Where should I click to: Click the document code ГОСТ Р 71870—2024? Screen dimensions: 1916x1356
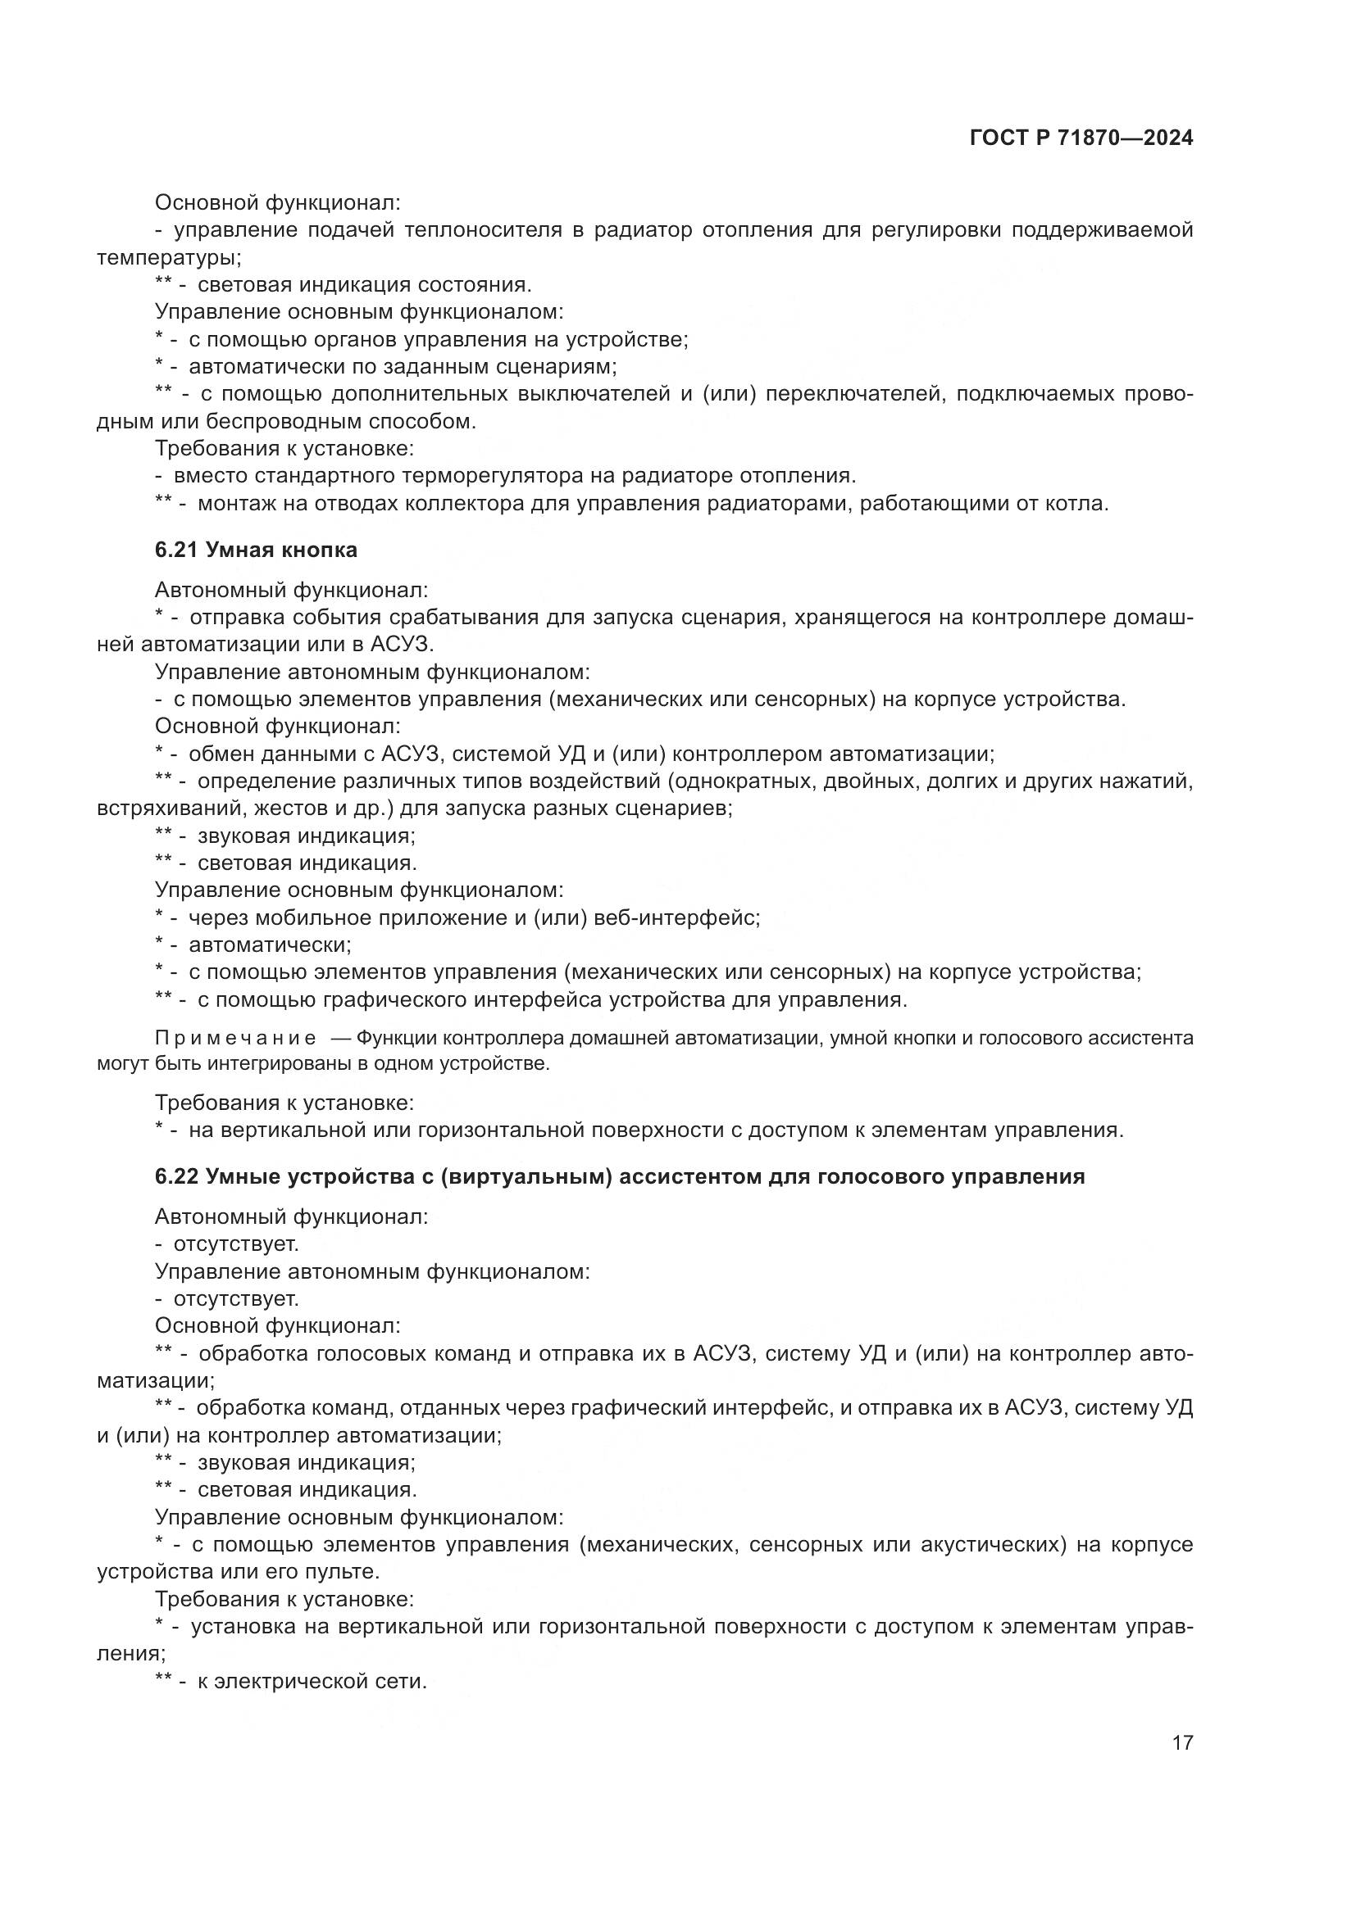coord(1081,138)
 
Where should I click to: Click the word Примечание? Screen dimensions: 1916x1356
coord(235,1038)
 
